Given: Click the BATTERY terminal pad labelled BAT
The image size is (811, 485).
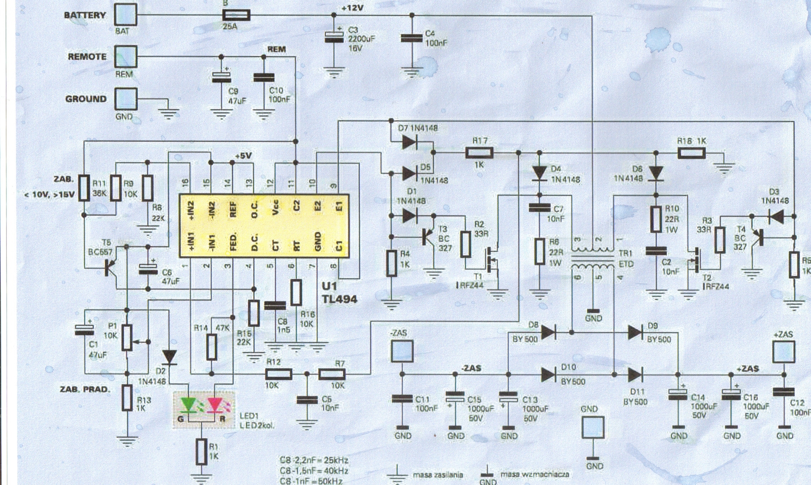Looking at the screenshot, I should point(125,15).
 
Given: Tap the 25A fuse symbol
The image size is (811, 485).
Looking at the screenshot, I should point(236,15).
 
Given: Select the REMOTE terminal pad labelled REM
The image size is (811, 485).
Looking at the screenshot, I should point(125,56).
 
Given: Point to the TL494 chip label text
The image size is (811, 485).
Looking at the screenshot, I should point(339,299).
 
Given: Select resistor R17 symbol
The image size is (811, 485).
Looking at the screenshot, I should point(479,153).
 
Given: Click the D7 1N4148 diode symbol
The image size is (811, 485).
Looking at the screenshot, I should point(410,142).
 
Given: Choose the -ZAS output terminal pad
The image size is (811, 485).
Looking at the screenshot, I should point(402,351).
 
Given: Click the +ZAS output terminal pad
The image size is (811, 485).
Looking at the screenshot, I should point(784,351).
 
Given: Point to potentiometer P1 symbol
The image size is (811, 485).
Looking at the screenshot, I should point(127,336).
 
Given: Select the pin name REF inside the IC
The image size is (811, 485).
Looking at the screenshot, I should point(233,210).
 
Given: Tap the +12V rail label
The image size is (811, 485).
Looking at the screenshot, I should point(352,8).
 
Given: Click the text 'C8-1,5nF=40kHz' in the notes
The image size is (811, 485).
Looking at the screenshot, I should point(314,471).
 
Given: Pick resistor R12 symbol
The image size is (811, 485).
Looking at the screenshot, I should point(279,374).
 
